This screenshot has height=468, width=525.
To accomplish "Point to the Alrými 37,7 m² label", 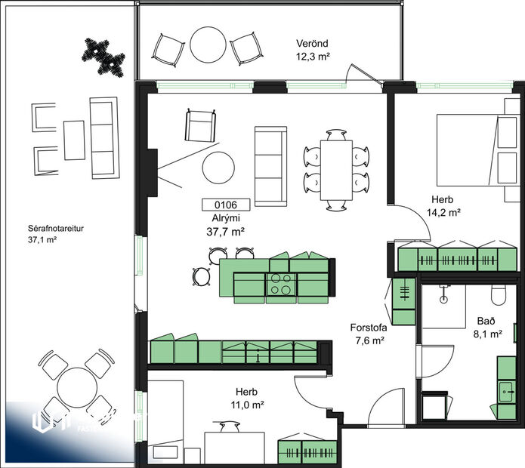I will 225,224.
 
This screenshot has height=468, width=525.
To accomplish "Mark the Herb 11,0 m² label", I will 247,399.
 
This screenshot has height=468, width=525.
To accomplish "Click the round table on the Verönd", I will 207,45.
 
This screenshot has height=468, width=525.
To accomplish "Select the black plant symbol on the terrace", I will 103,55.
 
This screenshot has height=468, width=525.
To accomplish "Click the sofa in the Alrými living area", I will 270,166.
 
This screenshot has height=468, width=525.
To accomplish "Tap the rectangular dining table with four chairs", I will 335,168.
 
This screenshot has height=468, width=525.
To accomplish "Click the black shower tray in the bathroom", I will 434,405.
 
